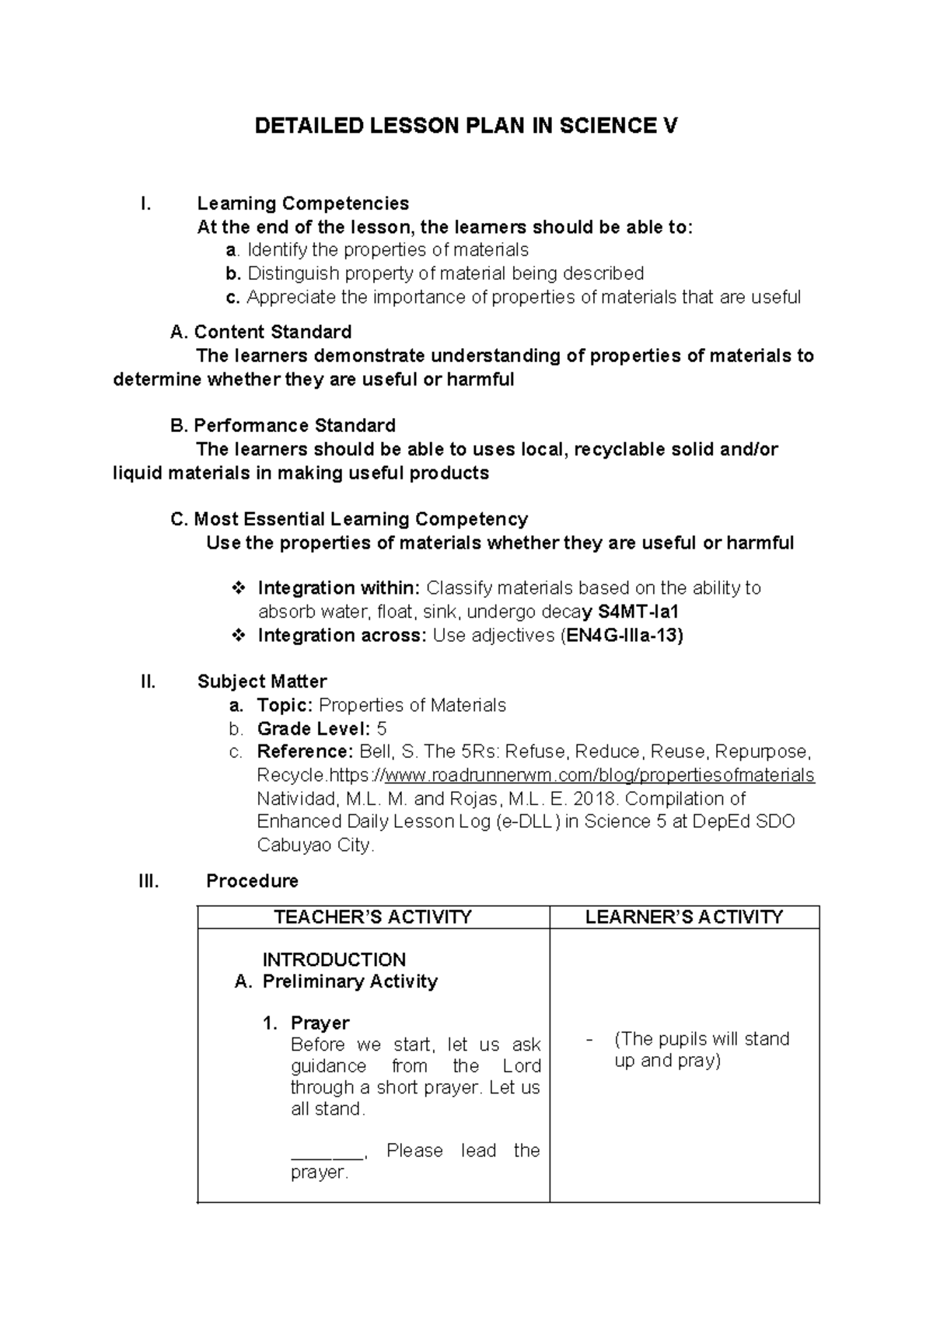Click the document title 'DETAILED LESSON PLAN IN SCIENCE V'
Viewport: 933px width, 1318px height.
click(466, 126)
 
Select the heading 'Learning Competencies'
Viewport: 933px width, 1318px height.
click(302, 204)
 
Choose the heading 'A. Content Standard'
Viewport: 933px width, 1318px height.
click(260, 333)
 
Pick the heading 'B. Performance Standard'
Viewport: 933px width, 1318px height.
click(282, 426)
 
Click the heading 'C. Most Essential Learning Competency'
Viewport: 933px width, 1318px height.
click(348, 519)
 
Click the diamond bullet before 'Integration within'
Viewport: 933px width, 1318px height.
click(239, 588)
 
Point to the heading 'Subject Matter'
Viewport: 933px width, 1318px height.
click(261, 682)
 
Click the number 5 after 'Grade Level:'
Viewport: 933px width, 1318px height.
click(381, 729)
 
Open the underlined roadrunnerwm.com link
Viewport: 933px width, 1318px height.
click(599, 776)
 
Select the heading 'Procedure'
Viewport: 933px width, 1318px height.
click(252, 881)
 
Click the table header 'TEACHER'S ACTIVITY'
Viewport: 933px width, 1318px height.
click(373, 917)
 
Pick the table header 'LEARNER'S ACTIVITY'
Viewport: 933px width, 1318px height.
click(684, 917)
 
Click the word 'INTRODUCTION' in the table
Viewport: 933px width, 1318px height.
click(334, 960)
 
